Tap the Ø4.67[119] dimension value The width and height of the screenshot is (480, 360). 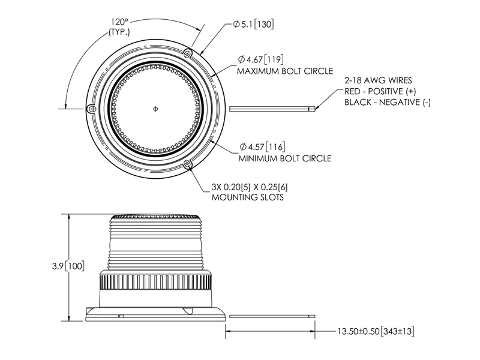click(x=263, y=59)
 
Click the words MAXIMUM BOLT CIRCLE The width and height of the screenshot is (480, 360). click(x=284, y=71)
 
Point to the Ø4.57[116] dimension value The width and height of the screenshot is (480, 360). click(x=263, y=146)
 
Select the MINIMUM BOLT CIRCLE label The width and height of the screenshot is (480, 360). click(x=285, y=159)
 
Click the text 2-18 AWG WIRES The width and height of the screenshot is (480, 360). click(x=378, y=79)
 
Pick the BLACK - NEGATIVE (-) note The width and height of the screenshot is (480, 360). click(x=388, y=102)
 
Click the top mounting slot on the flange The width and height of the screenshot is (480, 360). click(x=189, y=52)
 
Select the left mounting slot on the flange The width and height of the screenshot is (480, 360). click(x=91, y=109)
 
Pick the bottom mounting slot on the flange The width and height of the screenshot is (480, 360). click(x=188, y=164)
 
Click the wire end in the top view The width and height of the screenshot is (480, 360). click(x=312, y=109)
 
